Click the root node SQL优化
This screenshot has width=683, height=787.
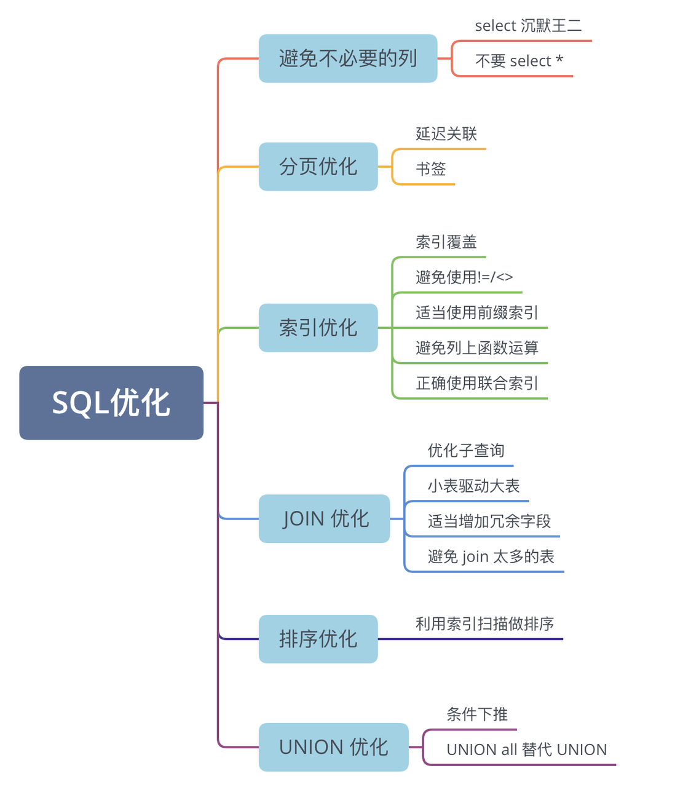coord(111,402)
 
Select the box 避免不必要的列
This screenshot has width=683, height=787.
coord(348,58)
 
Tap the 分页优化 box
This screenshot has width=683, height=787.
coord(318,167)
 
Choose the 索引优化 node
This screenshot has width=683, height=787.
coord(318,328)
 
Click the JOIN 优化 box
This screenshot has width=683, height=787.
coord(324,518)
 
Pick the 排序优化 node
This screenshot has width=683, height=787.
coord(318,639)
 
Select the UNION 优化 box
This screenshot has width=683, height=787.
coord(333,747)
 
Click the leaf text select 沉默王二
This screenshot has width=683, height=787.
coord(528,26)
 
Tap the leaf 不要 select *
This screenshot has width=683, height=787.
coord(519,61)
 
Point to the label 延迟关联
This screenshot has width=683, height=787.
coord(446,134)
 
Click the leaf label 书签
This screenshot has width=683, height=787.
coord(431,169)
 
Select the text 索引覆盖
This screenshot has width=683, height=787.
coord(446,242)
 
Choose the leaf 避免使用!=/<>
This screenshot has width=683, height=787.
coord(464,277)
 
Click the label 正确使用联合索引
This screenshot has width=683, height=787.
coord(477,383)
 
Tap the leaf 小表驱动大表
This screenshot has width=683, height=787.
coord(473,486)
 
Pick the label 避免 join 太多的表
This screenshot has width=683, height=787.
coord(491,556)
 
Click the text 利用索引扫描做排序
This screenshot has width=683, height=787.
coord(484,624)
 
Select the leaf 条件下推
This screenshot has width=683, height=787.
coord(477,714)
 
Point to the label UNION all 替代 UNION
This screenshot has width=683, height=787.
coord(526,749)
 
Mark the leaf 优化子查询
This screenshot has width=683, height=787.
coord(466,451)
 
